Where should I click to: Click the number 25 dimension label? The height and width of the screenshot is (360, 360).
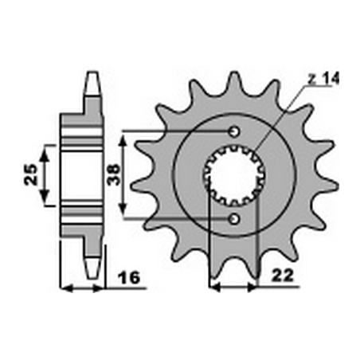(x=29, y=174)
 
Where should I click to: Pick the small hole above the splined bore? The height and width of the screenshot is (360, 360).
(x=233, y=131)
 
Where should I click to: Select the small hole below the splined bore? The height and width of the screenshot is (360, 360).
(x=233, y=218)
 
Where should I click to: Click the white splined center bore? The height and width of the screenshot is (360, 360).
(x=233, y=174)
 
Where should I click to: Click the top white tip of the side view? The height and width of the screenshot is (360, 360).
(x=92, y=80)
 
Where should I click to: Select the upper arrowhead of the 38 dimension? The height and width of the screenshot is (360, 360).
(x=123, y=138)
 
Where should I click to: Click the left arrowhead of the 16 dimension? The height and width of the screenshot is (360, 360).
(x=66, y=286)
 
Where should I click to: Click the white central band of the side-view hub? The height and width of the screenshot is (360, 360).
(x=84, y=174)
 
